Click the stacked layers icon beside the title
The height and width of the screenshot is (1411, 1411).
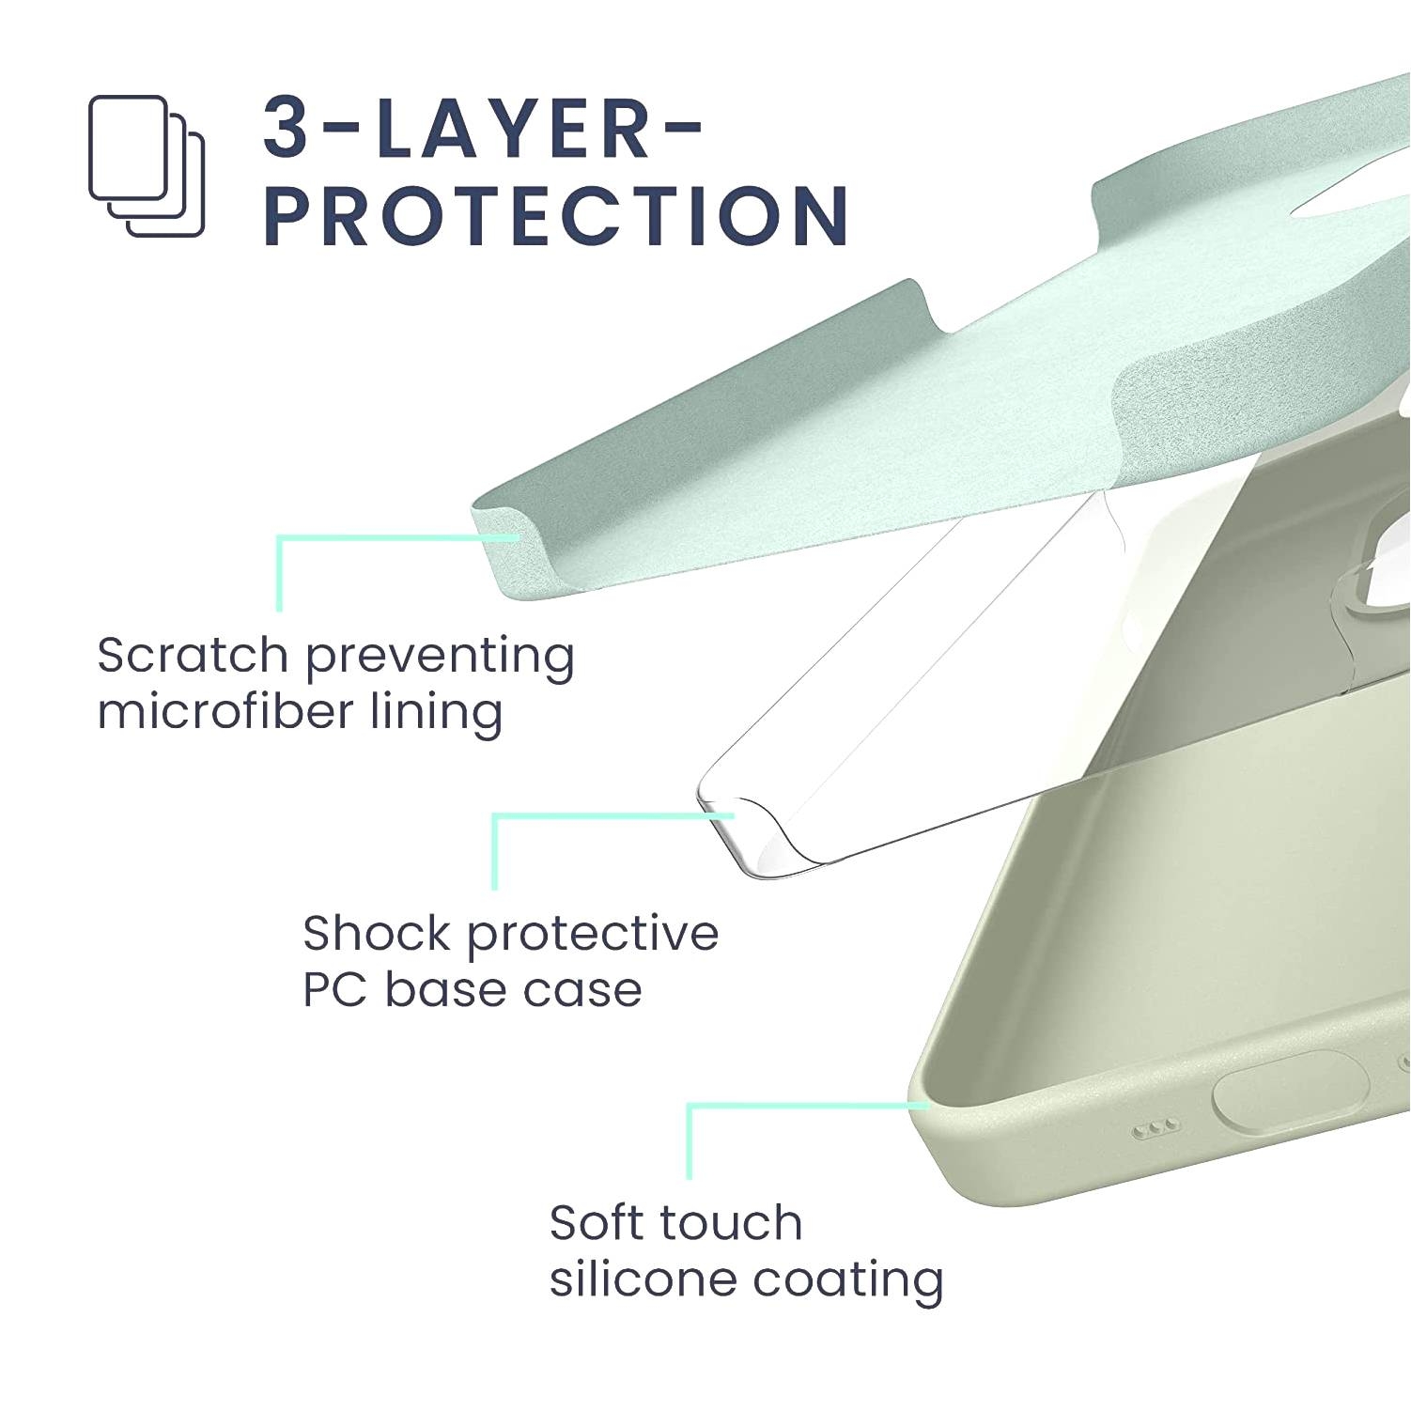click(146, 165)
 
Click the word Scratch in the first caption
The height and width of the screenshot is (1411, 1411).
click(193, 655)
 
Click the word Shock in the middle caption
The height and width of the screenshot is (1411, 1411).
click(377, 933)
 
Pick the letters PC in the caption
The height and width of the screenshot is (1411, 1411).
click(334, 989)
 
